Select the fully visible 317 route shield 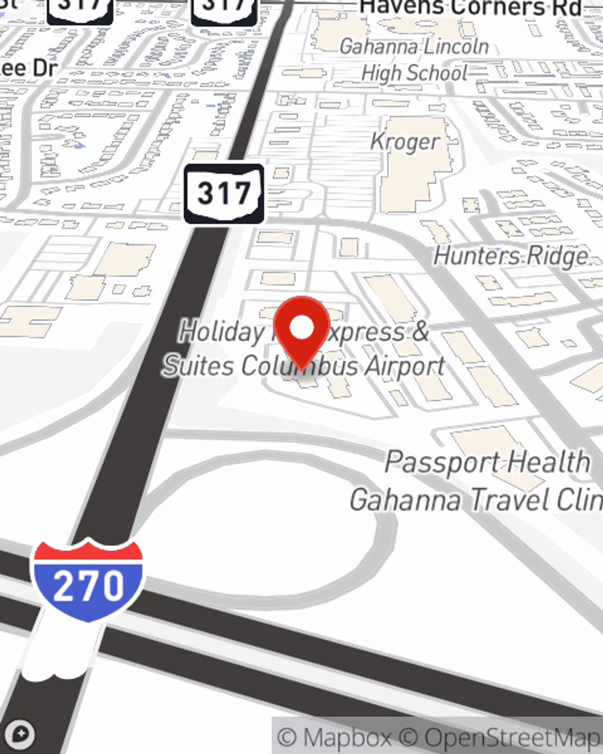coord(224,193)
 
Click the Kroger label coord(405,142)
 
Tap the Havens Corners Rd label coord(471,8)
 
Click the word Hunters coord(470,256)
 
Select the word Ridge coord(558,256)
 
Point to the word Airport coord(405,366)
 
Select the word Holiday coord(221,332)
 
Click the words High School coord(414,74)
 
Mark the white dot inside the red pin coord(301,328)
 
